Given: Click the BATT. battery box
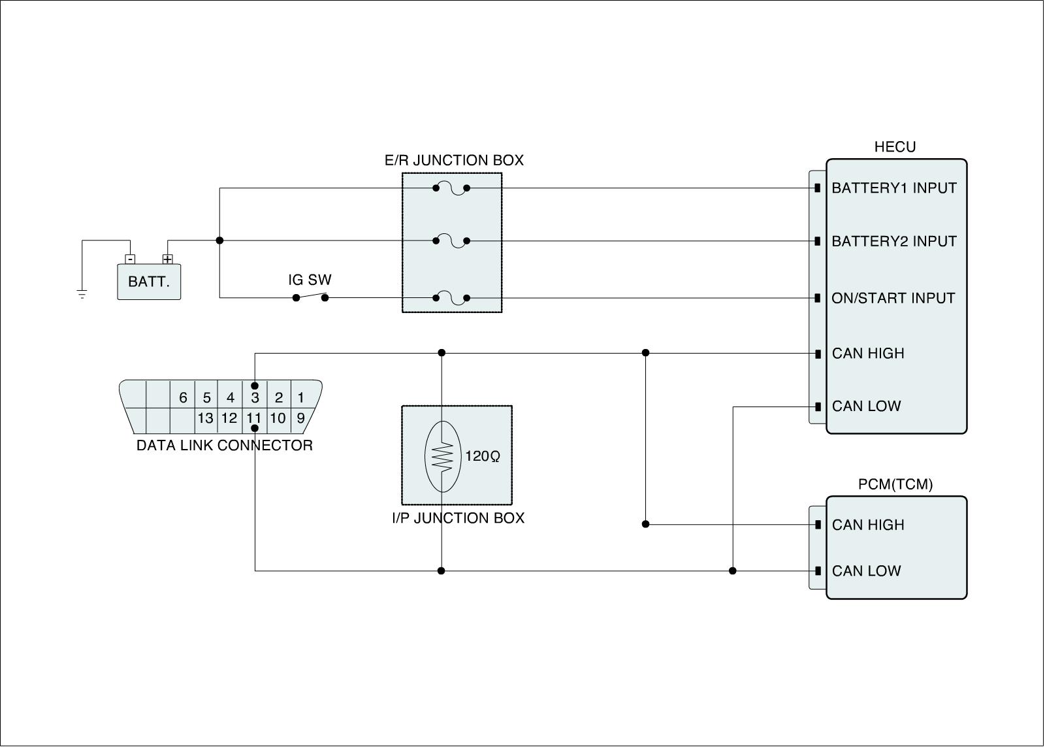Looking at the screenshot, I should (149, 282).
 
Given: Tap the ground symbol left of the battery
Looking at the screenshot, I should (82, 293).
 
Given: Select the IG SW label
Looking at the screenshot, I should (310, 280).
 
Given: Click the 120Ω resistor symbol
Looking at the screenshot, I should (443, 456).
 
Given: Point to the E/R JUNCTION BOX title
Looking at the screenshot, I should (454, 161).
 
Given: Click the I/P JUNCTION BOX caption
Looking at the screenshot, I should (458, 518).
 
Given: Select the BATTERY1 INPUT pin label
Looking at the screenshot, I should (893, 188).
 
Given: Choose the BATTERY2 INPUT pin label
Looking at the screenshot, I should (893, 241).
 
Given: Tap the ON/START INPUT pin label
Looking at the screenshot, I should (893, 298).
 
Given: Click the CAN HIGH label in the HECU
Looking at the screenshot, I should (868, 354).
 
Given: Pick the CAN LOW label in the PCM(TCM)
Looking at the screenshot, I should (866, 571).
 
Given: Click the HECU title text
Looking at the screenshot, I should (895, 147).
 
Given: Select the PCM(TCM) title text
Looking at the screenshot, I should (895, 484).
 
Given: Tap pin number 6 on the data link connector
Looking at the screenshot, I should (183, 397).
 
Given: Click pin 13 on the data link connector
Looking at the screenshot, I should (206, 418).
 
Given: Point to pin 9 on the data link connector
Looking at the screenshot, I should (300, 418).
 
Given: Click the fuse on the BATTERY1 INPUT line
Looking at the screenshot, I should (451, 188).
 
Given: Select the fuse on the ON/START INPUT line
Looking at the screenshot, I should (451, 298).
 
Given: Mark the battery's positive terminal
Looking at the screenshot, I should (168, 259).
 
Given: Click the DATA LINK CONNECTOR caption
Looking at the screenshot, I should (224, 446).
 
